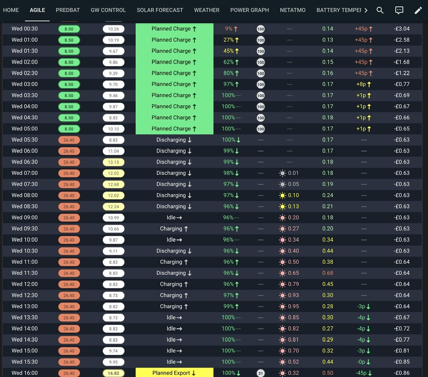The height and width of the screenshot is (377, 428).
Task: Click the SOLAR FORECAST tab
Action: [160, 10]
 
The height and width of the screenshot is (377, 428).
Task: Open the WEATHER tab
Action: [207, 10]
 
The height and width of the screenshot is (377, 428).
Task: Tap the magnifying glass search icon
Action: [380, 10]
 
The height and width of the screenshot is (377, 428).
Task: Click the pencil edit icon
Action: [418, 10]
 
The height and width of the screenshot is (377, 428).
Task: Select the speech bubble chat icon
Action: [399, 10]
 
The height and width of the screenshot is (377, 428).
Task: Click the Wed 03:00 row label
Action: [24, 84]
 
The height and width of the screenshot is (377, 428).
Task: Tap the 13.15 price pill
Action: [113, 162]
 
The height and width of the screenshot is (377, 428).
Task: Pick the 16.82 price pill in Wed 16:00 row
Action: [113, 373]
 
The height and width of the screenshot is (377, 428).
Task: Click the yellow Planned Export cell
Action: [174, 373]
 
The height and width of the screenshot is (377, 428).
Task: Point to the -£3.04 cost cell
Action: [402, 29]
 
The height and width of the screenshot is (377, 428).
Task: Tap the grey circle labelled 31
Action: [260, 373]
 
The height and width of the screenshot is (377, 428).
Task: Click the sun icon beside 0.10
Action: [283, 196]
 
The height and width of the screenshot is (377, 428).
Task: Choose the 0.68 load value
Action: [328, 273]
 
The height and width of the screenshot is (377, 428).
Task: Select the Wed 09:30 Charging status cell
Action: [174, 229]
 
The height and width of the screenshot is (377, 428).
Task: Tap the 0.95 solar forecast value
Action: [294, 306]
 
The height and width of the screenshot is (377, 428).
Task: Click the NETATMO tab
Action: [293, 10]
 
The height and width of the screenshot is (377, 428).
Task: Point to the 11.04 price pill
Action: [113, 151]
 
